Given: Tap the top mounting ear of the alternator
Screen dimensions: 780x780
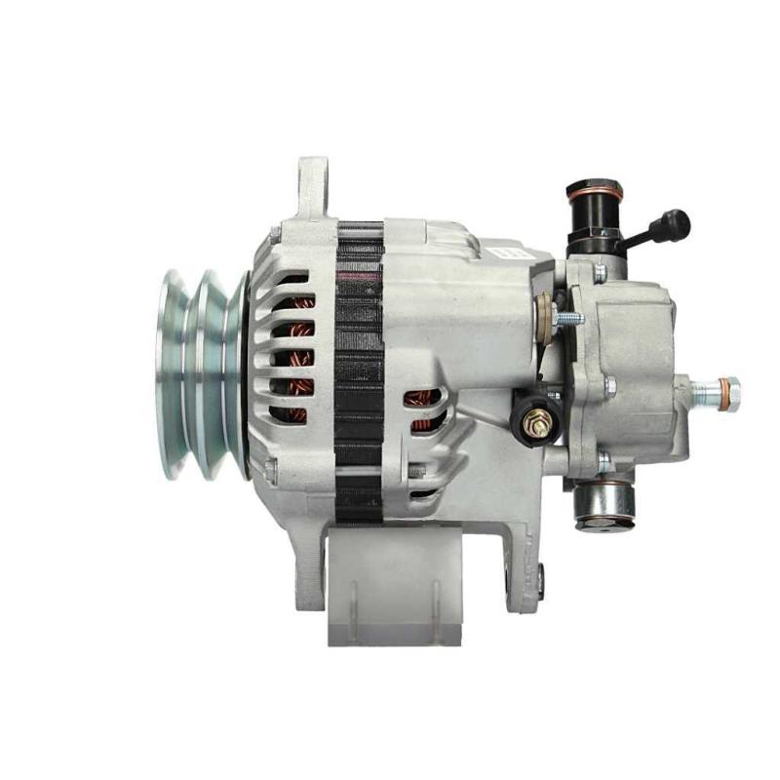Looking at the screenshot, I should tap(312, 185).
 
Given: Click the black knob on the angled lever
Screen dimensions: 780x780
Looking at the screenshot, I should tap(674, 225).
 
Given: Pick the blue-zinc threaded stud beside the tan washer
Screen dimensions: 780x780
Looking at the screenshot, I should tap(566, 318).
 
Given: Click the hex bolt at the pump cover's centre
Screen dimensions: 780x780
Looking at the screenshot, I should tap(610, 386).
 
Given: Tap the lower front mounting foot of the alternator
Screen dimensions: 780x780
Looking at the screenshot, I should tap(310, 575).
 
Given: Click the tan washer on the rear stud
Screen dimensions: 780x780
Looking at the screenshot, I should tap(542, 312).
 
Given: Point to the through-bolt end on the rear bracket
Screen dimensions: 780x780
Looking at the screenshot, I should tap(539, 581).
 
